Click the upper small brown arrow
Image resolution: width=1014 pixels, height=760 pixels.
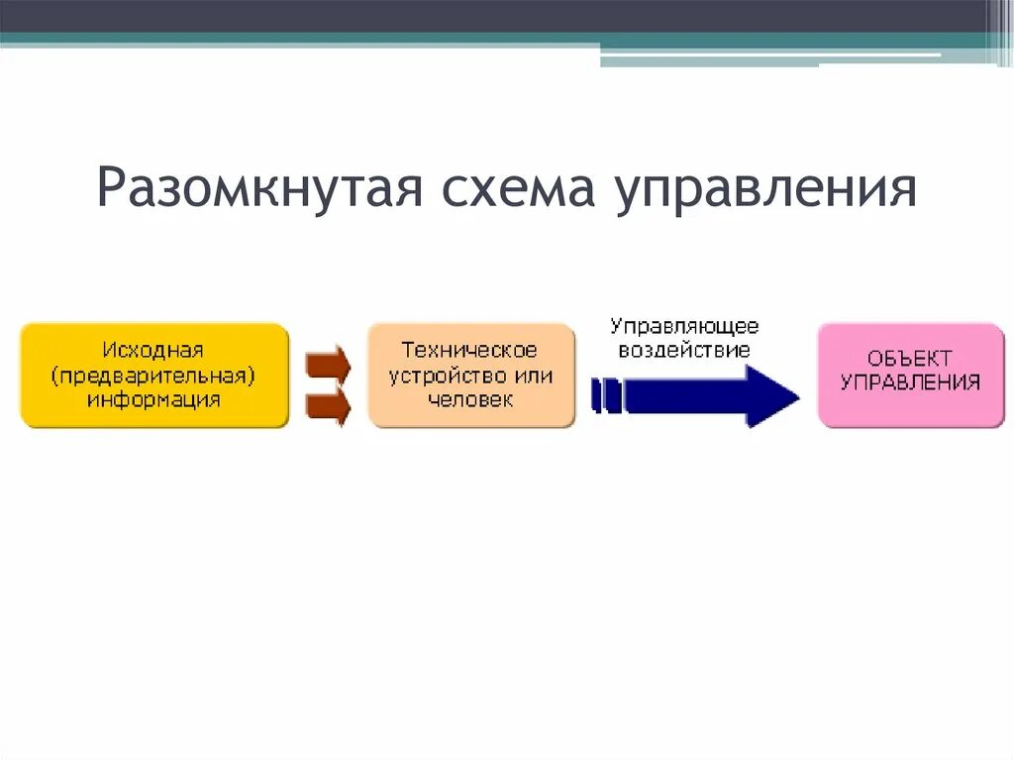329,364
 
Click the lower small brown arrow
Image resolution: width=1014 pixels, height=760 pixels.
329,404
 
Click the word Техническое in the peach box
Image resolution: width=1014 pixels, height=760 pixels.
470,350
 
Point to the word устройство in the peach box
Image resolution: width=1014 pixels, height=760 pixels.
444,376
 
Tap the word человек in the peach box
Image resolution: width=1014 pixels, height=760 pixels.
470,400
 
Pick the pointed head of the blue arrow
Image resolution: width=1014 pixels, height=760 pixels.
773,395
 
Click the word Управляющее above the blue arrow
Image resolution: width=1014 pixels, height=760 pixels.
684,325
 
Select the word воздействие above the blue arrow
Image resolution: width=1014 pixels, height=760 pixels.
684,350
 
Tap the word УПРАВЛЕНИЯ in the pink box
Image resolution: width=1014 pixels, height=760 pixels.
910,382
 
